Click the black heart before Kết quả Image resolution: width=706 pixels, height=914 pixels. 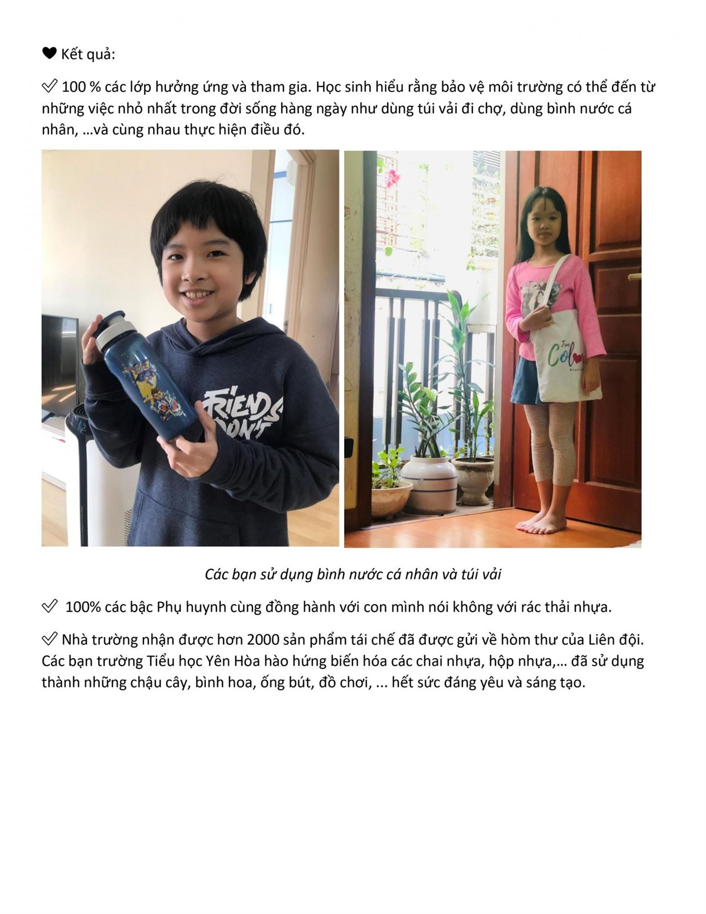click(x=49, y=54)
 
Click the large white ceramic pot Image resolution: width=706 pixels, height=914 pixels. click(x=429, y=483)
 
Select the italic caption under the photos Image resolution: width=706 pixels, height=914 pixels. click(x=352, y=574)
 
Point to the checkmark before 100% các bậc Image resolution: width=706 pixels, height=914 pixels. click(x=49, y=606)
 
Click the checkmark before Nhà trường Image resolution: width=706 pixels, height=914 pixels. click(x=49, y=639)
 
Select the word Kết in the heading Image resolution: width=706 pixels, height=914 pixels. click(x=72, y=54)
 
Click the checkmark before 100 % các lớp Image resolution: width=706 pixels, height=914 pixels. click(x=49, y=87)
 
